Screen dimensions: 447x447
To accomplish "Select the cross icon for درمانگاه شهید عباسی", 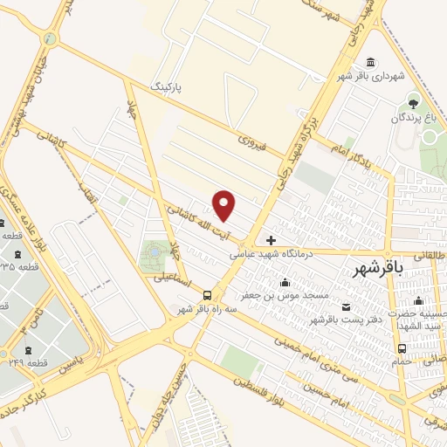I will click(272, 240).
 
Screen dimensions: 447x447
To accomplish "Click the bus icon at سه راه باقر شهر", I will click(208, 295).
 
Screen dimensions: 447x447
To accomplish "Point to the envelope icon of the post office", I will click(347, 306).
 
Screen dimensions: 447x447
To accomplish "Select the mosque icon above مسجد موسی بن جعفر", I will click(284, 282).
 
